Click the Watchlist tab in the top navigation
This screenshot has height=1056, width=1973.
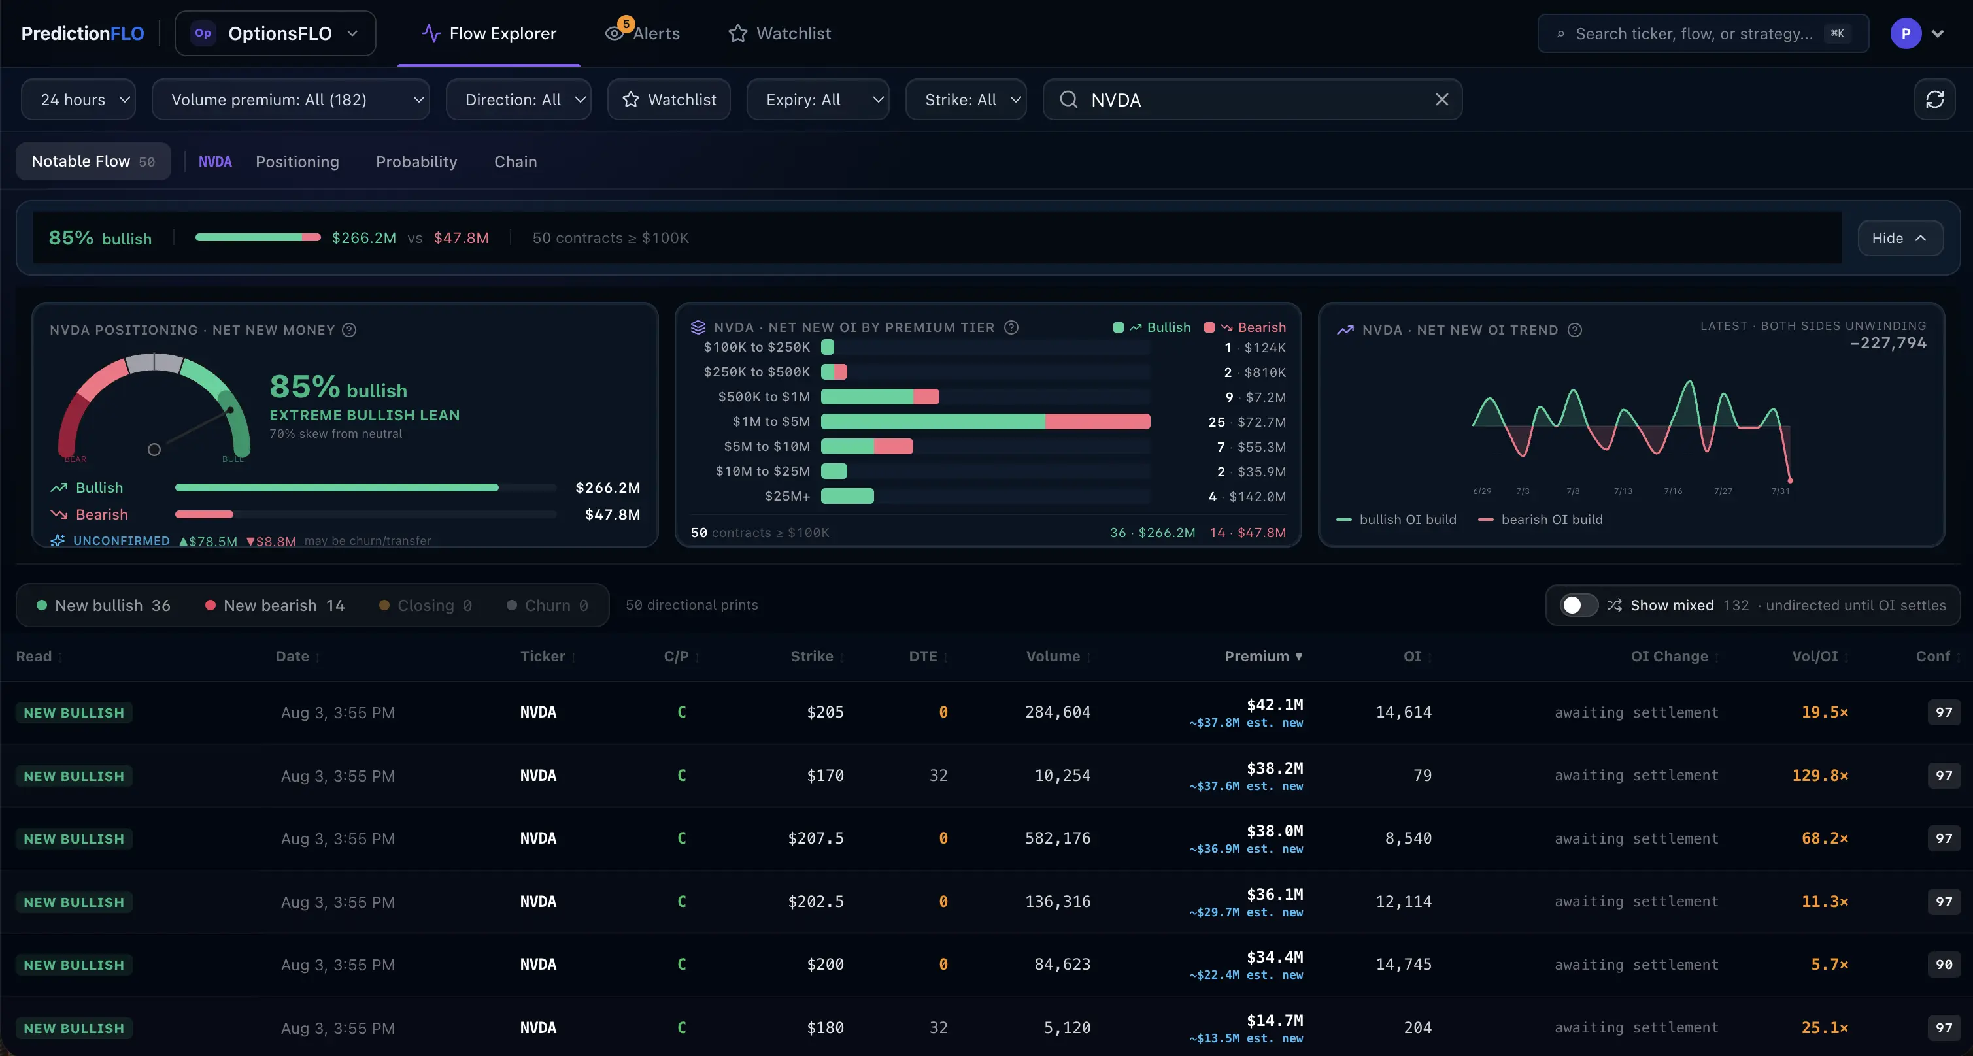pos(779,33)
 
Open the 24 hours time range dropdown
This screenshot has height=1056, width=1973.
pos(78,99)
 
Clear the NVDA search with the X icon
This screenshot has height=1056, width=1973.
pos(1442,99)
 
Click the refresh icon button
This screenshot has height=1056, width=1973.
pos(1934,99)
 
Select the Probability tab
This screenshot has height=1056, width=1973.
pos(416,161)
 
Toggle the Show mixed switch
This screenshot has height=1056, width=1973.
pos(1579,605)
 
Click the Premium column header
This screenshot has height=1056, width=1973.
pos(1263,656)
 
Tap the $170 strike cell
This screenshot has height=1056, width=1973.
pos(825,775)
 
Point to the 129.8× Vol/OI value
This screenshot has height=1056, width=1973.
pos(1820,775)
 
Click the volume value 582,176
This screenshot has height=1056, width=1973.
pos(1058,838)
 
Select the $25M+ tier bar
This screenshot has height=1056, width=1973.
pos(847,495)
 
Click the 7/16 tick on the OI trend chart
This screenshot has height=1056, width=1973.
pos(1673,491)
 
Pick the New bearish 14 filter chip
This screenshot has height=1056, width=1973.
pos(275,605)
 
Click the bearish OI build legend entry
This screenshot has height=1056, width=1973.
pos(1540,520)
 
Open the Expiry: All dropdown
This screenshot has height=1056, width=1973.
pos(817,99)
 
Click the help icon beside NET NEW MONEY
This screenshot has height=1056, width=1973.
pos(349,330)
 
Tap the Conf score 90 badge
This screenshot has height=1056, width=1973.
pos(1944,964)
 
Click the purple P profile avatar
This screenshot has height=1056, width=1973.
pos(1906,33)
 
